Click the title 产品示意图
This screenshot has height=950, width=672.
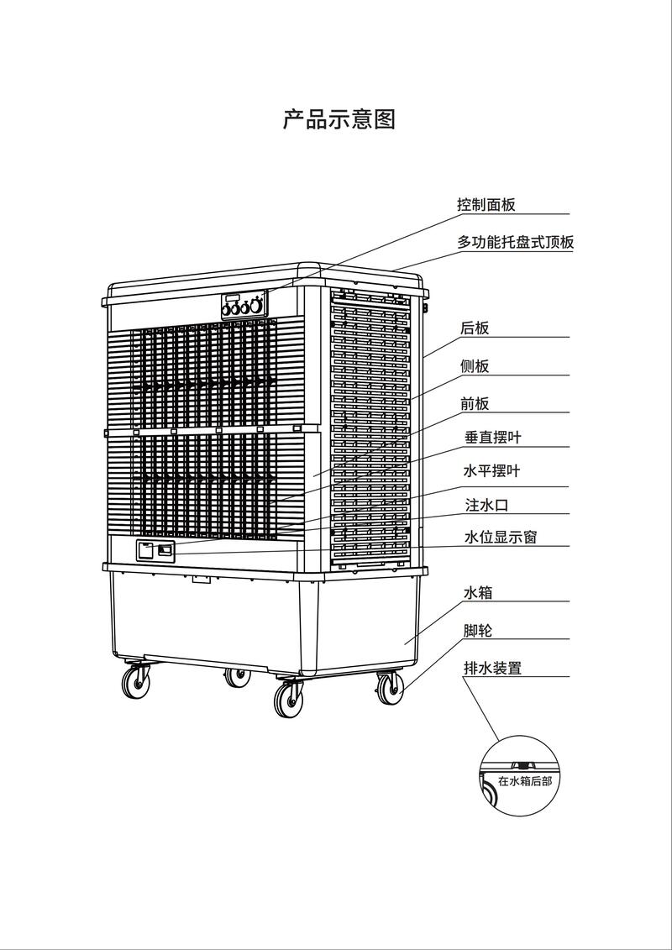(x=339, y=118)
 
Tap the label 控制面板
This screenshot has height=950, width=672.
(x=486, y=204)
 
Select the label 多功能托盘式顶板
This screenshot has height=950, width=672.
(x=515, y=243)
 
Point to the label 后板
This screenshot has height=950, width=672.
(x=475, y=328)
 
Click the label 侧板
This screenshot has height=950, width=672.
(x=475, y=366)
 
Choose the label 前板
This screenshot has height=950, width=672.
(x=475, y=403)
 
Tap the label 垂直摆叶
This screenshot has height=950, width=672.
(x=492, y=438)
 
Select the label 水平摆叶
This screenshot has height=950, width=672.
(x=491, y=470)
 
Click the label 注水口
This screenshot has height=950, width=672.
(x=486, y=505)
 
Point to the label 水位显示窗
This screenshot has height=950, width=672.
(x=500, y=537)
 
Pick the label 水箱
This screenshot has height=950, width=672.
(x=478, y=592)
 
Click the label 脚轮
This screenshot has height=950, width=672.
(x=478, y=630)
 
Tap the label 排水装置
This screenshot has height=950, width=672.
(x=492, y=669)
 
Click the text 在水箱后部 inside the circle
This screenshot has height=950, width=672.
(x=525, y=781)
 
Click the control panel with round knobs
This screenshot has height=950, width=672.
(x=244, y=305)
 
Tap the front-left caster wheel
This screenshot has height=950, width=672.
(x=136, y=682)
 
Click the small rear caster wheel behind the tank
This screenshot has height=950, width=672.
(x=238, y=677)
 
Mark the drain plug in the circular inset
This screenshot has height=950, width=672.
(x=519, y=765)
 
